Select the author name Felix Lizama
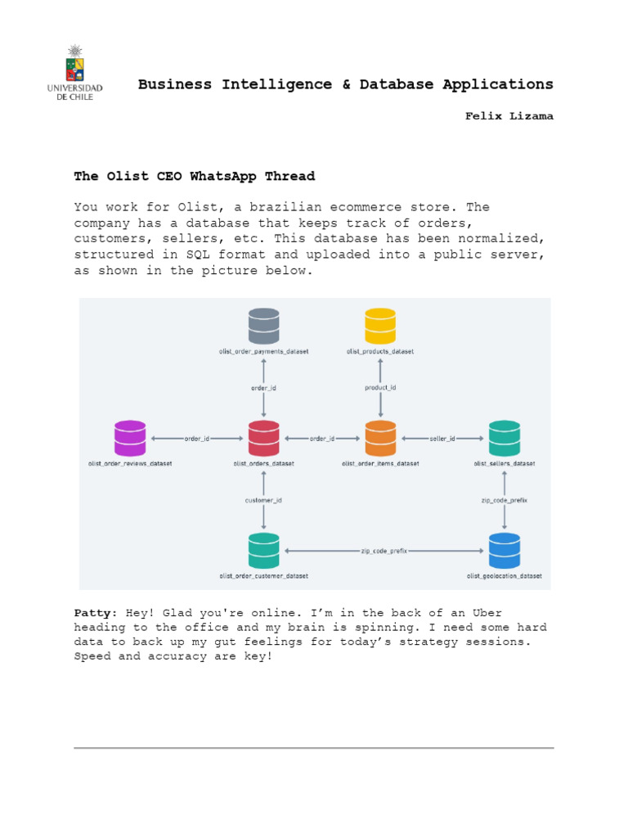point(509,116)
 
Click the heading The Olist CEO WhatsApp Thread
point(195,176)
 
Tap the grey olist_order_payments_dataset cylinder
point(264,326)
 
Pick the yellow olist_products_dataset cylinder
point(380,326)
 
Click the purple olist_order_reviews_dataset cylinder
point(130,439)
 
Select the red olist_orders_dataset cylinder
point(264,439)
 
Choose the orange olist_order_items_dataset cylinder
point(380,439)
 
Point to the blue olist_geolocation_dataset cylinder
point(505,551)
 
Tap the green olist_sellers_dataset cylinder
point(505,439)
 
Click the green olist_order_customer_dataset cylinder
point(264,551)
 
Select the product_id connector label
point(380,387)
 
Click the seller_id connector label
point(442,439)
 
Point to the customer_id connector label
point(263,500)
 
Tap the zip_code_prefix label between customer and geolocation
point(384,551)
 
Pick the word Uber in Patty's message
point(487,612)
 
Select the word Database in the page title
point(397,84)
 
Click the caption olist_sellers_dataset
point(505,463)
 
